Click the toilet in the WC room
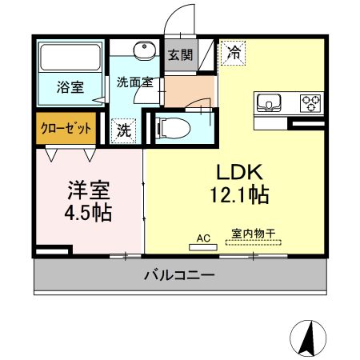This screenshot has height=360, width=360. coord(174,129)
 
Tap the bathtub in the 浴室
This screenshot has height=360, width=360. coord(70,58)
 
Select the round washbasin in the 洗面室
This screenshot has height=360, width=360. coord(145,51)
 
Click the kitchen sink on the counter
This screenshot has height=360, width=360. coord(269,103)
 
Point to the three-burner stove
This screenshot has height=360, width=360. coord(310,103)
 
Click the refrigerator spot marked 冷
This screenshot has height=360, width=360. coord(233,53)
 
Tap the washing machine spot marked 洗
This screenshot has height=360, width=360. coord(124,131)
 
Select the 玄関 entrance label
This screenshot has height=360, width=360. coord(180,55)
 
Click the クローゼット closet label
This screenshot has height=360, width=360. coord(66,128)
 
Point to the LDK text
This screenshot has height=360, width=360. coord(239,172)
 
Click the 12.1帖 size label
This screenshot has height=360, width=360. coord(239,195)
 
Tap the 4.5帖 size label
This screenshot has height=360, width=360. coord(88,213)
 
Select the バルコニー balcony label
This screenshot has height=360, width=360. coord(179,274)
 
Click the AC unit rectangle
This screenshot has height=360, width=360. coord(203,247)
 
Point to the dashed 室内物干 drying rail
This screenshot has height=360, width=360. coord(254,242)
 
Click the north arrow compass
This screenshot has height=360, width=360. coord(308,338)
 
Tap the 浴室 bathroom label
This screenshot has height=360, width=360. coord(70,87)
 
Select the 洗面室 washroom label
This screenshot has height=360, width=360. coord(135,82)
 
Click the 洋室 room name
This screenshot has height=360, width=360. coord(89,190)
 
